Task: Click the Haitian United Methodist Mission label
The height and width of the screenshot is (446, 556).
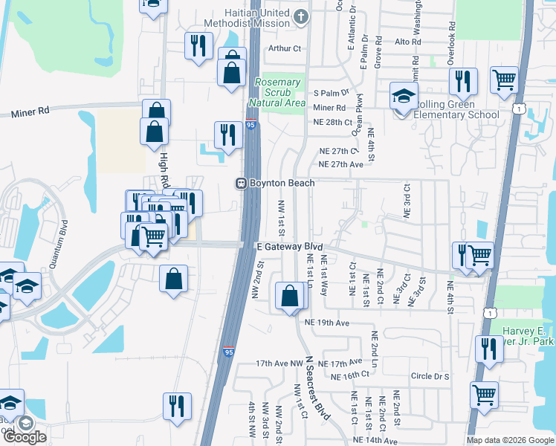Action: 249,19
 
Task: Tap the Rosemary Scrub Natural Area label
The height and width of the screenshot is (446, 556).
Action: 279,92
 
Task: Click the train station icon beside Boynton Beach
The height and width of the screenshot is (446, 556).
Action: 241,183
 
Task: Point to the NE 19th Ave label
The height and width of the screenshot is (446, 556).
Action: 327,323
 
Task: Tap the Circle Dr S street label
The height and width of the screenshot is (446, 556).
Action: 430,377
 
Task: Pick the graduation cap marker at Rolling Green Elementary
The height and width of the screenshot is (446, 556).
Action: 403,97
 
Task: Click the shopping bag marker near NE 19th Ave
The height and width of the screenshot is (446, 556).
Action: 288,296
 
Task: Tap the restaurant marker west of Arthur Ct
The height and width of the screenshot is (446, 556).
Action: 198,46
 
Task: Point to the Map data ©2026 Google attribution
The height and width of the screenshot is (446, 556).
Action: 509,440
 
